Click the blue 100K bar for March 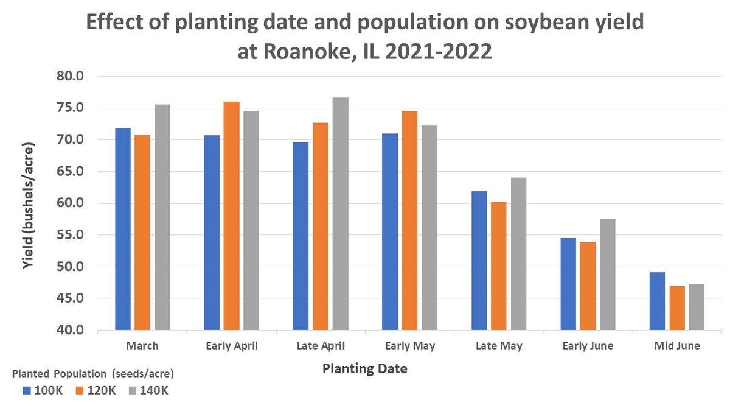pos(123,229)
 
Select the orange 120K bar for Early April pos(231,216)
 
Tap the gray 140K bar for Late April pos(340,214)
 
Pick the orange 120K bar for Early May pos(409,220)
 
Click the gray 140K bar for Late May pos(518,254)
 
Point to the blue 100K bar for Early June pos(568,284)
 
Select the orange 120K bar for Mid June pos(677,308)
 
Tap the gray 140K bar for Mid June pos(697,307)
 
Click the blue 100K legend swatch pos(26,390)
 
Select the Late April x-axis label pos(320,346)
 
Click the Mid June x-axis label pos(677,346)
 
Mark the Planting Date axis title pos(364,368)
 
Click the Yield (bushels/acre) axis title pos(27,203)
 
